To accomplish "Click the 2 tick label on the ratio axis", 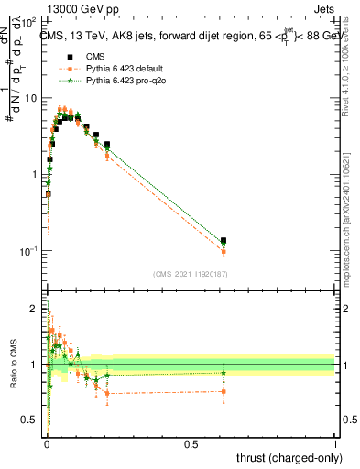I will (37, 308).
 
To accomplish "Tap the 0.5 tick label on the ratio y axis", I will (33, 420).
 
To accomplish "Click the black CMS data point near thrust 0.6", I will (224, 240).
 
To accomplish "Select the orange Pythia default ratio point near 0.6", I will (224, 391).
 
